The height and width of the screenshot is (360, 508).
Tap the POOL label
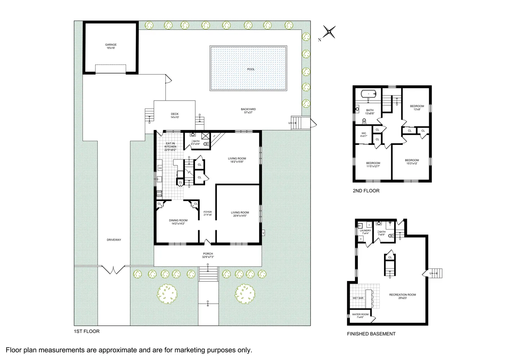pyautogui.click(x=251, y=69)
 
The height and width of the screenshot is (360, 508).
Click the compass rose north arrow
pyautogui.click(x=329, y=32)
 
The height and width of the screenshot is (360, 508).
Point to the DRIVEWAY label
pyautogui.click(x=114, y=240)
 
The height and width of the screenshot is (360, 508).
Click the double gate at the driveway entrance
pyautogui.click(x=113, y=270)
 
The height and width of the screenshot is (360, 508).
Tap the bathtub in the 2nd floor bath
pyautogui.click(x=368, y=94)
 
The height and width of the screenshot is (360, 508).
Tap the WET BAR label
pyautogui.click(x=358, y=298)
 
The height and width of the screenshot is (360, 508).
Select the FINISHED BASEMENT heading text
pyautogui.click(x=371, y=334)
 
